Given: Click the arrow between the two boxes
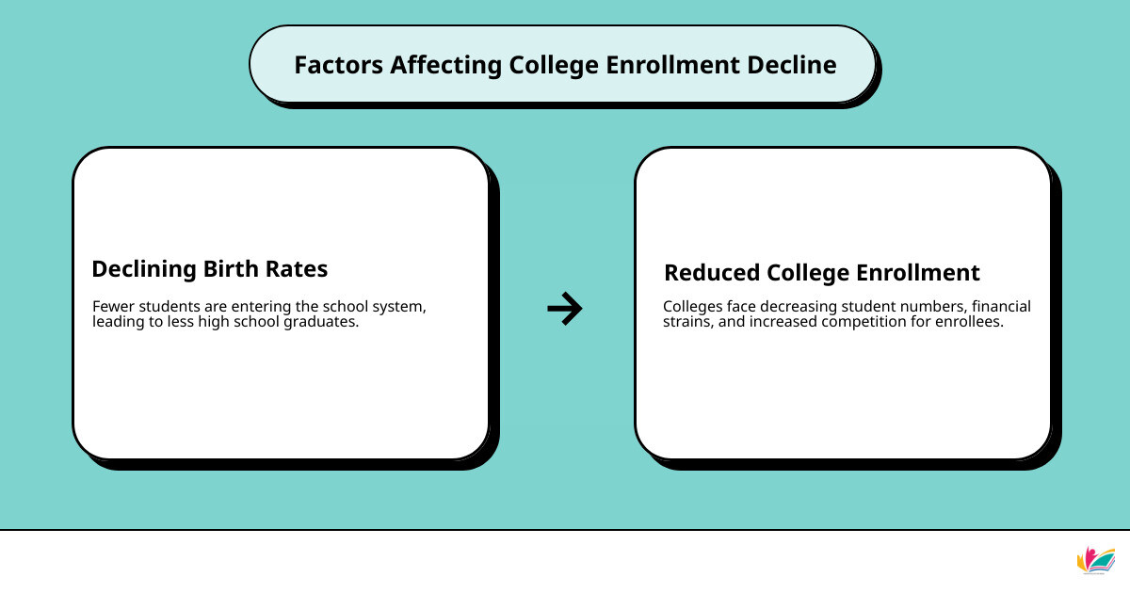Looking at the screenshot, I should [565, 309].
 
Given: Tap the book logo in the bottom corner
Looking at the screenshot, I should [1095, 559].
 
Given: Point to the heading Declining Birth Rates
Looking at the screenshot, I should [209, 269].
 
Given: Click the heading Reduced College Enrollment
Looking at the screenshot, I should [821, 273].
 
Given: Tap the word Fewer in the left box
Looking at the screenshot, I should [112, 307].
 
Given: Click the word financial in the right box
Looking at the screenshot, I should [1001, 307].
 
